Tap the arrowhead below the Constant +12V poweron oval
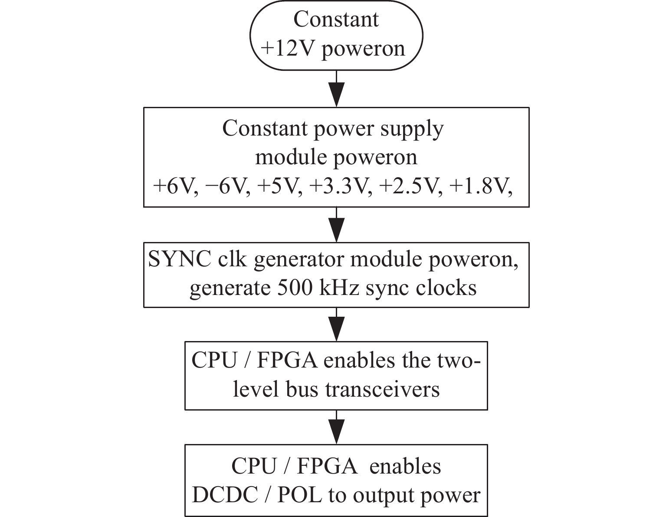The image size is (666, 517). point(337,95)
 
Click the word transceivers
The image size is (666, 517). point(383,390)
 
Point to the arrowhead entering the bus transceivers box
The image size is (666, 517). point(337,329)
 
